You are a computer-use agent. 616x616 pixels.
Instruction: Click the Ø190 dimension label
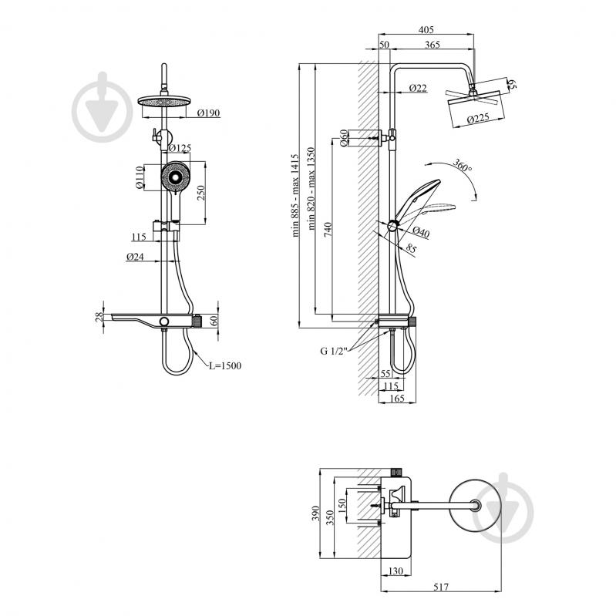(208, 113)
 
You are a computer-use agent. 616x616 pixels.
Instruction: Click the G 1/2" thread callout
(335, 350)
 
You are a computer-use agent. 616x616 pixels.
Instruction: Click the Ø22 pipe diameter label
(418, 87)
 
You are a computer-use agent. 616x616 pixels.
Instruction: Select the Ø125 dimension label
(180, 147)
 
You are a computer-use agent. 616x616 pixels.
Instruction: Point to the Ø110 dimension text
(140, 178)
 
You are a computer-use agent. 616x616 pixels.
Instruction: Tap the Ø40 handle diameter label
(420, 231)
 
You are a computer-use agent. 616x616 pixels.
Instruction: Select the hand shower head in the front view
(175, 180)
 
